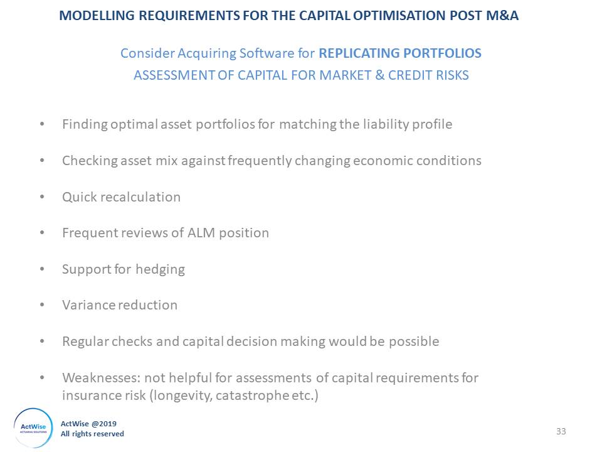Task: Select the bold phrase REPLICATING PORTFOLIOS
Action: (x=399, y=53)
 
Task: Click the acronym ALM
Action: (x=201, y=233)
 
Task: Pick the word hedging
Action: (x=160, y=269)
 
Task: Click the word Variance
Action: (x=88, y=305)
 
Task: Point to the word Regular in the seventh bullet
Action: (x=85, y=342)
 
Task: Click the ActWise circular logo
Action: (x=33, y=428)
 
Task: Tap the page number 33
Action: (x=561, y=431)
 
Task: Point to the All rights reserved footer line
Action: (x=92, y=434)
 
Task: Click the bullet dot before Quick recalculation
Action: (x=42, y=197)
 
